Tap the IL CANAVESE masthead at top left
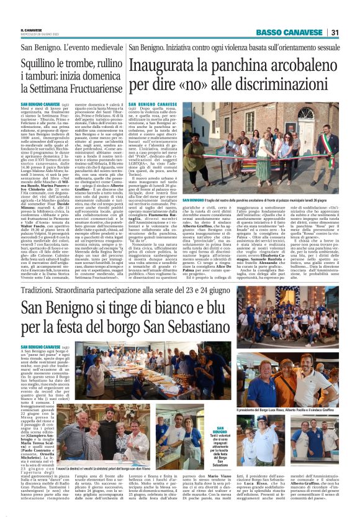coord(32,29)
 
